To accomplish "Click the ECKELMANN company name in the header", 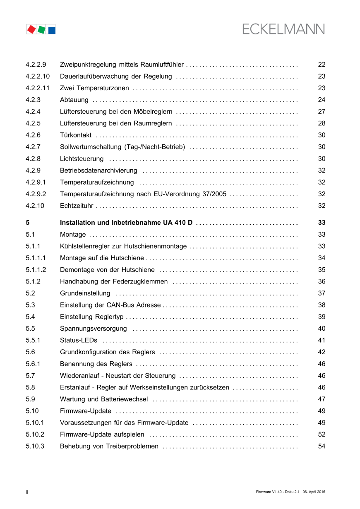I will [x=283, y=29].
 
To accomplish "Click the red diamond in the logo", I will [x=31, y=29].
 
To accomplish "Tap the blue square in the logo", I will [x=52, y=30].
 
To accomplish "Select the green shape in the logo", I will [x=41, y=29].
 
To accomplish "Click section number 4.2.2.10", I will [x=37, y=76].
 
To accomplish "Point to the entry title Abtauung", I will [x=74, y=100].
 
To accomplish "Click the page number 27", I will [x=322, y=111].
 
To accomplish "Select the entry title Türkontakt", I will [x=76, y=135].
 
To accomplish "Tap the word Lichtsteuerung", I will [x=82, y=158].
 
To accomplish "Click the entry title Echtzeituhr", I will [x=77, y=206].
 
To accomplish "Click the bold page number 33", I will [x=322, y=223].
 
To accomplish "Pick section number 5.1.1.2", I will [x=36, y=270].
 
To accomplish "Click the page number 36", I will [x=322, y=281].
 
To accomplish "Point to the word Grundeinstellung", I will [x=85, y=293].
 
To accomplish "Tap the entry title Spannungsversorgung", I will [x=93, y=329].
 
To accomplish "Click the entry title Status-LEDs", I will [x=79, y=340].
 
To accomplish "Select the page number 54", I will [x=322, y=446].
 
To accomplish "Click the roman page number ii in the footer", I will [x=27, y=492].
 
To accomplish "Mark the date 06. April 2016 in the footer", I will [x=314, y=492].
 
